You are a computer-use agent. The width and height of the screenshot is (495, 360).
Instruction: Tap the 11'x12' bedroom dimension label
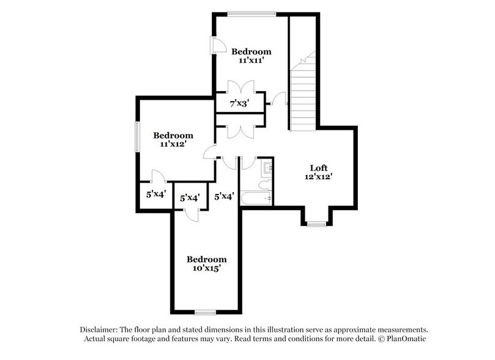[x=173, y=144]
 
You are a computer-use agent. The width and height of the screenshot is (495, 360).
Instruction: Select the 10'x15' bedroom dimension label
[x=206, y=268]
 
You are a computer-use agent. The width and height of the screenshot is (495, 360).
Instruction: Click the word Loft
[x=319, y=167]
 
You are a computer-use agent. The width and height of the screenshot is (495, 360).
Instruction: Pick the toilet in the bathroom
[x=265, y=185]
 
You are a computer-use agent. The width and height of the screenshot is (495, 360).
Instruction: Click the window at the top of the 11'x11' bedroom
[x=251, y=14]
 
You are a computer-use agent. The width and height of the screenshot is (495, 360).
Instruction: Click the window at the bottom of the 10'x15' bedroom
[x=205, y=312]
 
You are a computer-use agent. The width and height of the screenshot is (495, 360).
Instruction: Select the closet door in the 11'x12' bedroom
[x=157, y=176]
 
